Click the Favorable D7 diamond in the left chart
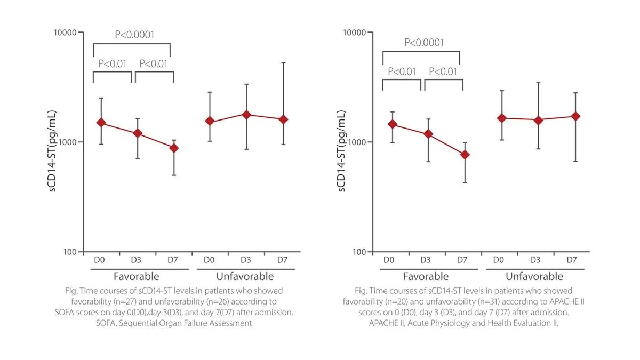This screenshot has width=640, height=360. (174, 148)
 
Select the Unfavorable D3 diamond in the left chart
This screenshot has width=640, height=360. (246, 115)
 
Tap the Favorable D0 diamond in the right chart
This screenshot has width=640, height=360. (393, 124)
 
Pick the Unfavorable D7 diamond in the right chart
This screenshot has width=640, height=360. (575, 116)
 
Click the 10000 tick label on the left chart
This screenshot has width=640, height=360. (65, 33)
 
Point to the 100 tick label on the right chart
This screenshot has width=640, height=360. (359, 252)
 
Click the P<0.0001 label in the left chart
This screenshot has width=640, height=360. (134, 35)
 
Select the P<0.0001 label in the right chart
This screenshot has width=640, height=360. (423, 43)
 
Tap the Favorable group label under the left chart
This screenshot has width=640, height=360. (137, 276)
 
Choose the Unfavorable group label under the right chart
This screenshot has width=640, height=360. (534, 276)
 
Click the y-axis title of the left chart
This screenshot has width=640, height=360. (52, 151)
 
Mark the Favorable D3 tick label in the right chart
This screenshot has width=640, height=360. (425, 260)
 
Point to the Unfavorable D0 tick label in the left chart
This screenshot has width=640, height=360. (209, 260)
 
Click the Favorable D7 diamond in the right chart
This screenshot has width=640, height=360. (465, 155)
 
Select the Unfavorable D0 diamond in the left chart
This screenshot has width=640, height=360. (210, 121)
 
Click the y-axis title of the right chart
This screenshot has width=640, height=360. (342, 151)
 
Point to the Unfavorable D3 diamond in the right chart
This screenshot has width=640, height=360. (538, 121)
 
